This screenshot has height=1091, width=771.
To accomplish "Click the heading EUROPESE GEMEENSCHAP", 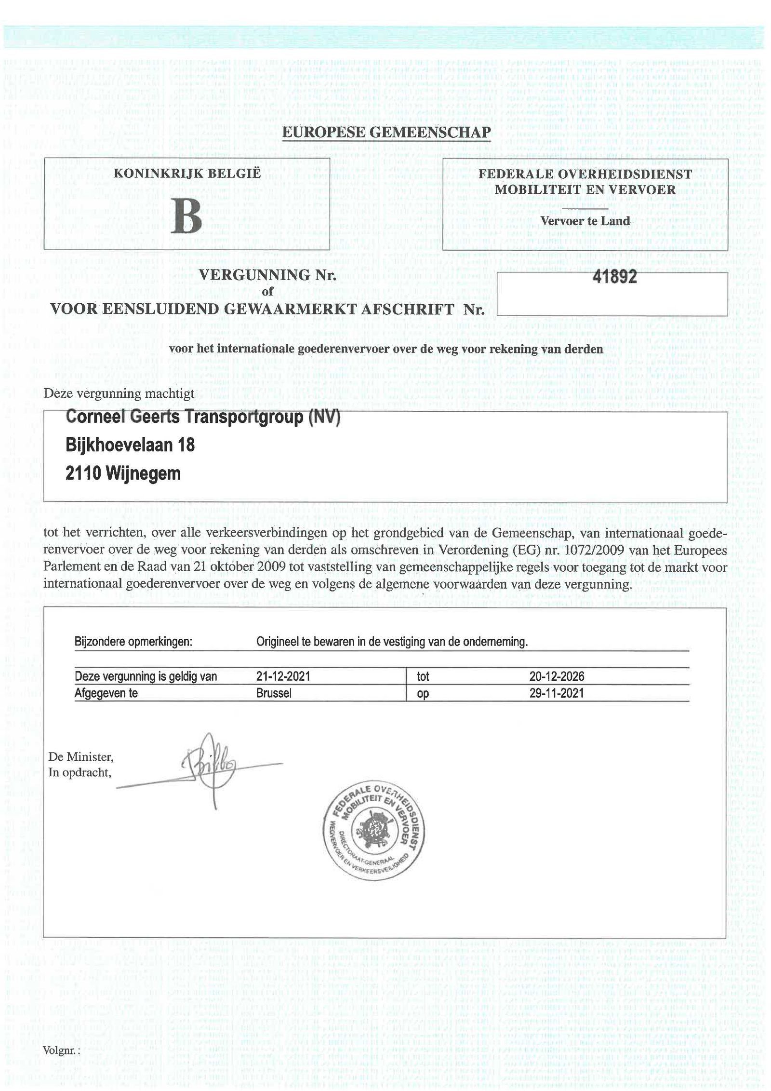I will (386, 132).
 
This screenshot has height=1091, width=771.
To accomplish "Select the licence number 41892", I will (614, 276).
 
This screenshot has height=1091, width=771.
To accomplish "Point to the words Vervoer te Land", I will (585, 221).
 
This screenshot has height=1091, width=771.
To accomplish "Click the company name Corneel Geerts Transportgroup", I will (202, 417).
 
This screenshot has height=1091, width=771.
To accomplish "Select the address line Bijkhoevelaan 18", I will (130, 444).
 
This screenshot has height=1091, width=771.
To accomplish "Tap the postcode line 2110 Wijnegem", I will (123, 473).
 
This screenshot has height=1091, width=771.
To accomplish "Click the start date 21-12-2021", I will (283, 676).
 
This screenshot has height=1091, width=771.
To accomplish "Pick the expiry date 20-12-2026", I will (557, 676).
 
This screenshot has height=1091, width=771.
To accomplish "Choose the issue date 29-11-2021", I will (557, 693).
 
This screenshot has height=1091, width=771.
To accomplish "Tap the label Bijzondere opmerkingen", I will (133, 642).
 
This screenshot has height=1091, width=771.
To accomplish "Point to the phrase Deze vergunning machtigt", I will (119, 393).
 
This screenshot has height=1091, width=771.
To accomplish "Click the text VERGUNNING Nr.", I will (267, 275).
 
